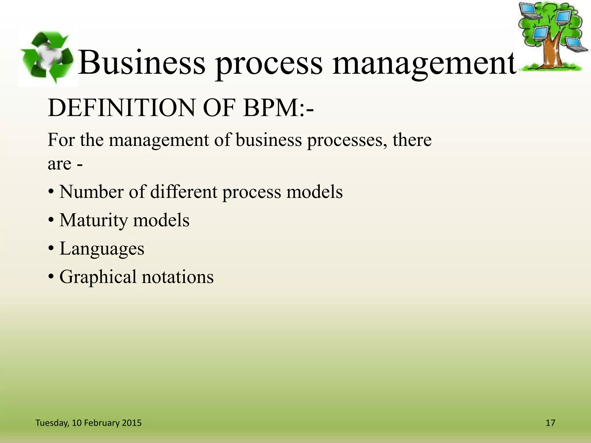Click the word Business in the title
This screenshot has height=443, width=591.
142,63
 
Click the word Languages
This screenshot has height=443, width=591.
102,249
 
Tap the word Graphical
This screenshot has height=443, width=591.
98,277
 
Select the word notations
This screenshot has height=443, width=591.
177,277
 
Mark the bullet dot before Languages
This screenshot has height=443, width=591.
51,249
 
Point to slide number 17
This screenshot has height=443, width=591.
550,423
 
